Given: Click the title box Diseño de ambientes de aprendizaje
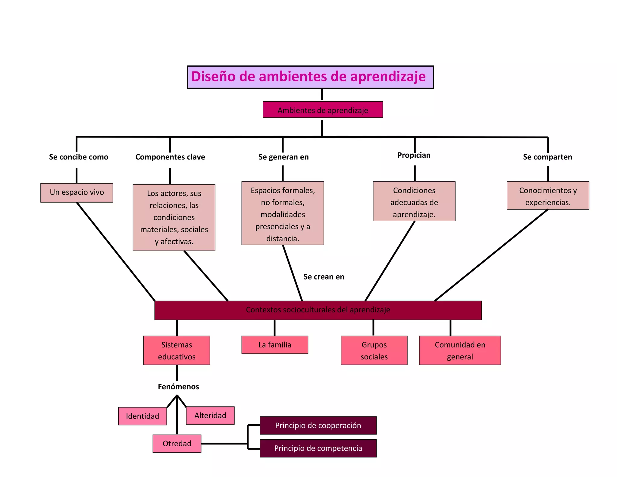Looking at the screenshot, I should tap(310, 77).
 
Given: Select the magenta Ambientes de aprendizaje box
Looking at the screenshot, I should tap(323, 110).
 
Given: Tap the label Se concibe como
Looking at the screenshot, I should tap(79, 157).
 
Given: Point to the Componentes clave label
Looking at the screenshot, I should tap(170, 157).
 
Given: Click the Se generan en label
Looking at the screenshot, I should tap(283, 157).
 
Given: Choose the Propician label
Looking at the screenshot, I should tap(414, 155).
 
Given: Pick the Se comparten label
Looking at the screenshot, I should tap(547, 157).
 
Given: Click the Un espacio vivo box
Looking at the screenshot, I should tap(77, 192).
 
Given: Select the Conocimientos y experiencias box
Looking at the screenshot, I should tap(548, 196).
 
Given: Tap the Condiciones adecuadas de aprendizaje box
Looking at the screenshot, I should tap(414, 201).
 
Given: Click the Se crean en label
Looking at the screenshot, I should tap(324, 277).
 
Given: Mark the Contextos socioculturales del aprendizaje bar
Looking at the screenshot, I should tap(318, 310).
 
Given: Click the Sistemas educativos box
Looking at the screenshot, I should tap(177, 350).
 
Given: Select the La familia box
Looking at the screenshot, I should tap(275, 345).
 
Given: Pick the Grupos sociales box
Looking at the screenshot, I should tap(374, 350).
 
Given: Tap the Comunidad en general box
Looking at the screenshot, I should tap(460, 350).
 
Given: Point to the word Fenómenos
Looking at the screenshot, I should tap(178, 387).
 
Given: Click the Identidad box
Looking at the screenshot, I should tap(143, 416).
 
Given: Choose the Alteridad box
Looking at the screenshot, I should tap(210, 415).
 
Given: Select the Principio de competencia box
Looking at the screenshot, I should tap(318, 448).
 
